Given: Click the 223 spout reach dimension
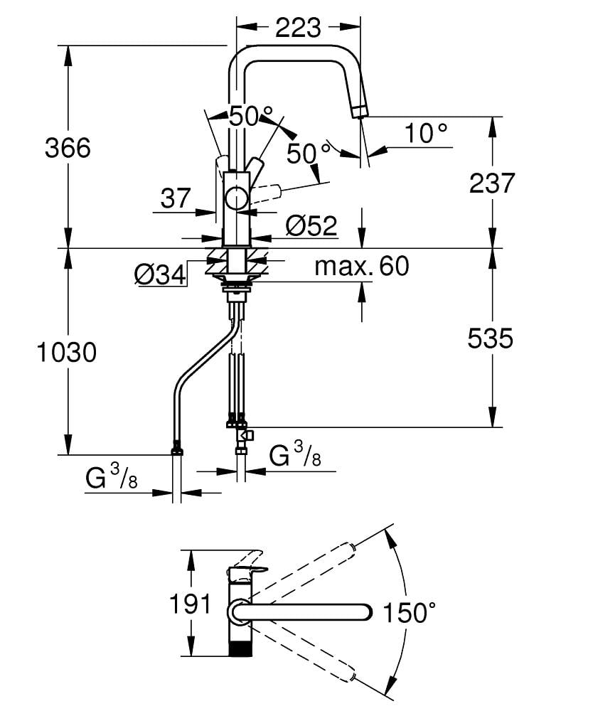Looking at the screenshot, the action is (x=298, y=28).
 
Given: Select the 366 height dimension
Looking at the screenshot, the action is (x=68, y=148).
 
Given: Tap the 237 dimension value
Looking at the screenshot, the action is (x=492, y=183).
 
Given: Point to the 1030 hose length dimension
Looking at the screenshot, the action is (x=67, y=352).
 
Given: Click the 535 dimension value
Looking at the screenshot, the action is (x=491, y=338).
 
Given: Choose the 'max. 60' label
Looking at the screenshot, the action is (x=362, y=266).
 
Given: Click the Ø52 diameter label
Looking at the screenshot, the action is (x=312, y=225).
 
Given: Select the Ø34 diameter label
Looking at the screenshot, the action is (x=161, y=274).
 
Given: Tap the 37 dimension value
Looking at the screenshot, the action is (x=176, y=198).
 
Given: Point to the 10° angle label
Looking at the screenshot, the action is (x=426, y=134).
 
